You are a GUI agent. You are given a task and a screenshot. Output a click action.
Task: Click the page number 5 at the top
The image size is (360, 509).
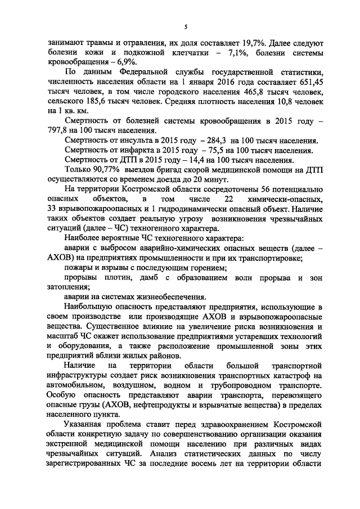pyautogui.click(x=185, y=26)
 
